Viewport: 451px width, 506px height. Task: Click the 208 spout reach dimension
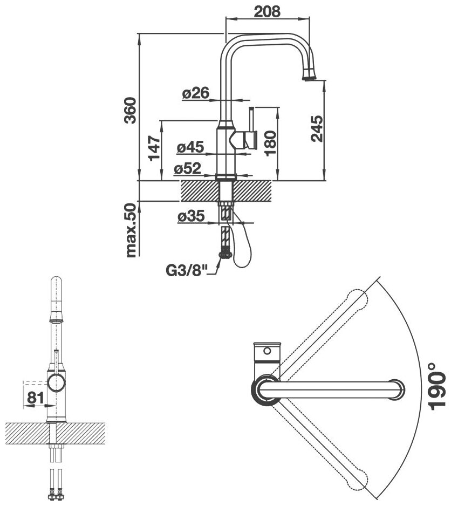pyautogui.click(x=267, y=11)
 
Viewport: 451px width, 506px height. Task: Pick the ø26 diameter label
pyautogui.click(x=195, y=93)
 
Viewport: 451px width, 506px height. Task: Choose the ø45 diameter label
pyautogui.click(x=189, y=146)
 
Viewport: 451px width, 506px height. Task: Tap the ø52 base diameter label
pyautogui.click(x=188, y=169)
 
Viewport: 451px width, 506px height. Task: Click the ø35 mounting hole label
pyautogui.click(x=190, y=217)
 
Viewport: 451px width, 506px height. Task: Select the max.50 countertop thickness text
pyautogui.click(x=129, y=229)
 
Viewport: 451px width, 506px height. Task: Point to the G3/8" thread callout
pyautogui.click(x=187, y=270)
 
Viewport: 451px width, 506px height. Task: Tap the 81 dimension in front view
pyautogui.click(x=35, y=398)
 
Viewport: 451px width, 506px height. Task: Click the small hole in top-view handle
pyautogui.click(x=266, y=351)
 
